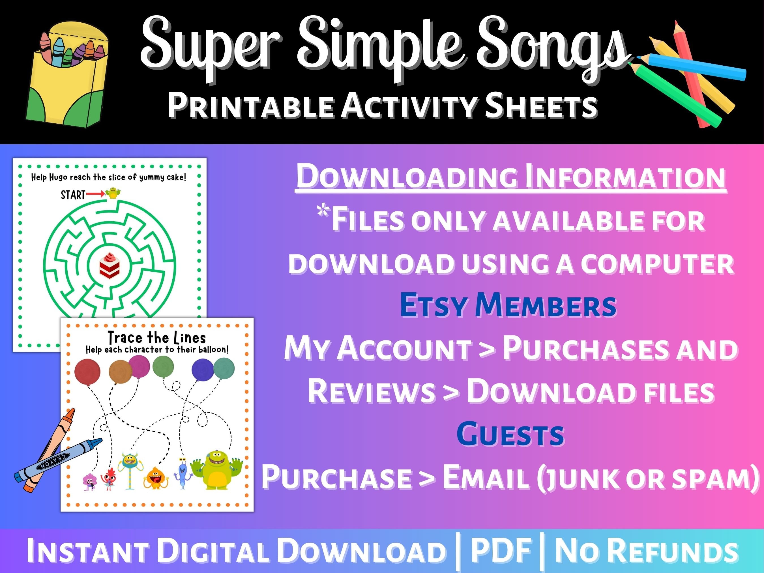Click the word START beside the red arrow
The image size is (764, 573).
[x=73, y=195]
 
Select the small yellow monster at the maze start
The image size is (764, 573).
[x=113, y=193]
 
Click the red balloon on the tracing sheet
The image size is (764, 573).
[x=87, y=372]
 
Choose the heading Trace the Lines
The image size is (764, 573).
[x=156, y=338]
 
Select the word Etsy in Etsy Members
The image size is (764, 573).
[x=433, y=305]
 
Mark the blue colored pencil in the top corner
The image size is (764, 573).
[x=694, y=67]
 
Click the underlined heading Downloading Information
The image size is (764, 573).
[x=511, y=177]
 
